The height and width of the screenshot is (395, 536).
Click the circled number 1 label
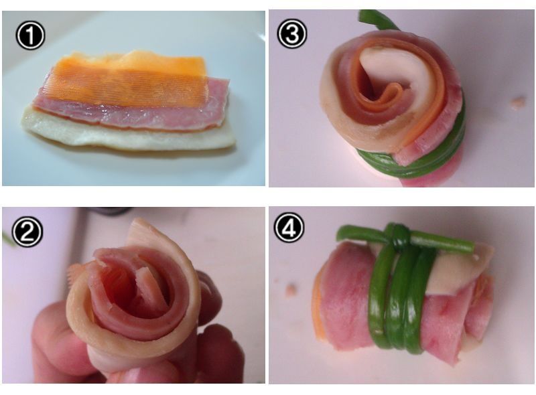(30, 35)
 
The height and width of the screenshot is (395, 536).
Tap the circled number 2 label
(27, 232)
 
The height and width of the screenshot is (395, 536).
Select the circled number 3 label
(292, 33)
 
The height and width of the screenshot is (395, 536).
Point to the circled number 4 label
(289, 227)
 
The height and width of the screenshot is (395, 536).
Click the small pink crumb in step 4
(291, 290)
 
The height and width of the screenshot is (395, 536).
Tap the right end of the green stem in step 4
(472, 246)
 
